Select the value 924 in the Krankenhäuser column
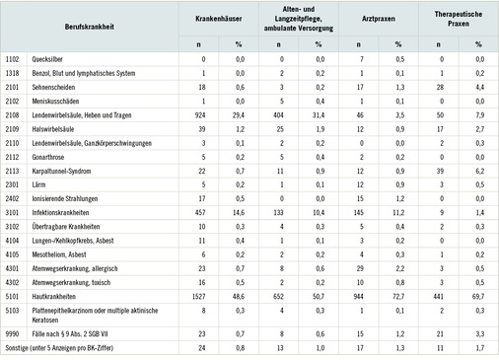coord(196,114)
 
